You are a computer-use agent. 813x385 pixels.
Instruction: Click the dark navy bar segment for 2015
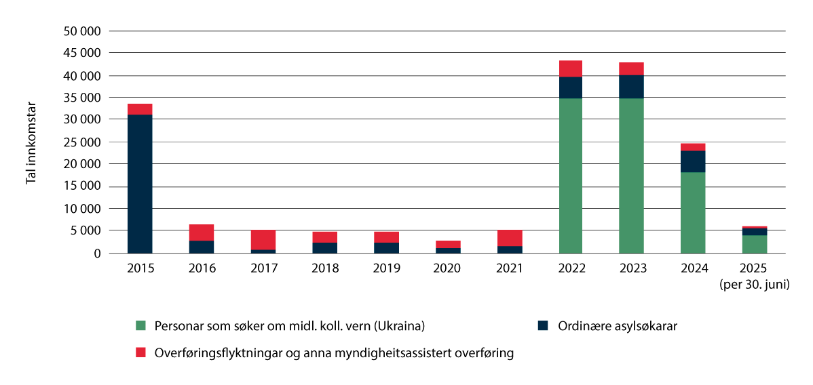tap(140, 183)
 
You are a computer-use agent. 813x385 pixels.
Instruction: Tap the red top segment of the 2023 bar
tap(632, 68)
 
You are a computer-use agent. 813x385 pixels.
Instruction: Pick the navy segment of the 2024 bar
tap(693, 161)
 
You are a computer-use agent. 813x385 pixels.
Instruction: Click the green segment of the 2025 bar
tap(755, 244)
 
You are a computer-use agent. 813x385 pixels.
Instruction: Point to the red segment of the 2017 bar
tap(263, 240)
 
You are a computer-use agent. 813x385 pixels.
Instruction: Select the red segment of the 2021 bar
tap(509, 238)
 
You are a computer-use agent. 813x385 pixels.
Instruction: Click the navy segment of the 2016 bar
tap(202, 247)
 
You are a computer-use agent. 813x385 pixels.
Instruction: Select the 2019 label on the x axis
tap(386, 268)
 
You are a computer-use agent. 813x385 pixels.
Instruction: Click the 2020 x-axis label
tap(448, 268)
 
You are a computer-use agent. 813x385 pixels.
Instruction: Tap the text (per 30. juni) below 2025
tap(755, 285)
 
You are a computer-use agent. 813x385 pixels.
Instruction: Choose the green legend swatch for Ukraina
tap(141, 325)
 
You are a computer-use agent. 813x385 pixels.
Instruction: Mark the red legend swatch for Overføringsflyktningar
tap(141, 352)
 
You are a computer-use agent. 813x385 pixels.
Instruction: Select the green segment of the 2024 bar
tap(693, 212)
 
